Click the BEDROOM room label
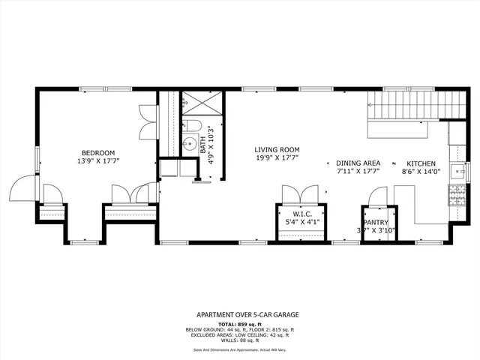tap(97, 153)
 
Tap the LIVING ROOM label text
tap(277, 150)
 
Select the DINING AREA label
tap(358, 163)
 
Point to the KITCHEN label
tap(421, 163)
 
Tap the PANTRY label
tap(374, 223)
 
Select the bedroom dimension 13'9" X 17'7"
tap(97, 161)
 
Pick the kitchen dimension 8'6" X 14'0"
tap(421, 172)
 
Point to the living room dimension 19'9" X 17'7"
tap(277, 158)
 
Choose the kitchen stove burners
tap(455, 195)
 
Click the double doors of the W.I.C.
tap(302, 195)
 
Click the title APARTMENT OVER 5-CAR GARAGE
tap(239, 316)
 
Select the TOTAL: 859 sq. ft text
tap(239, 323)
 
